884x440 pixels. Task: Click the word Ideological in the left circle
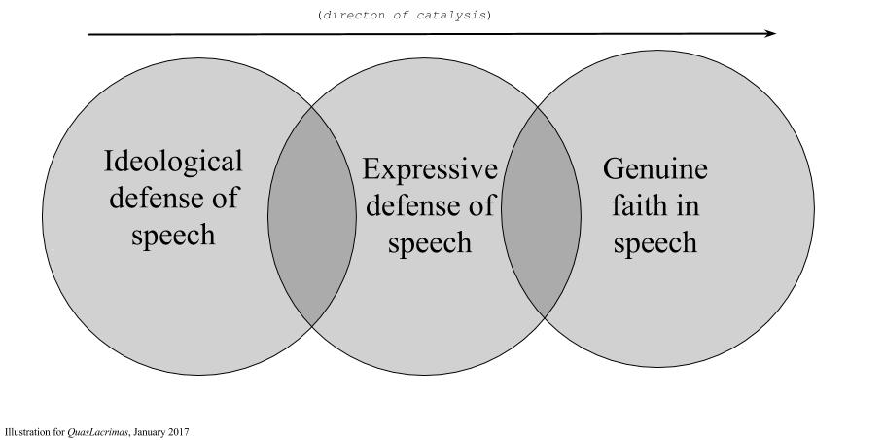[x=173, y=161]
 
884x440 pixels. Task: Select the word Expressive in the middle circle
[x=429, y=169]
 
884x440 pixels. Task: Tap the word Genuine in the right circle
[x=654, y=169]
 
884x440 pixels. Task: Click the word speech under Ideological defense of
[x=173, y=235]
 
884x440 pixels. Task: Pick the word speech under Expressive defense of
[x=429, y=242]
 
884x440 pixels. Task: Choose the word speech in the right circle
[x=654, y=242]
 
